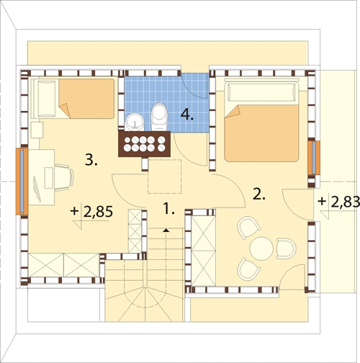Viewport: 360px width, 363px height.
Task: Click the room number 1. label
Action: (x=169, y=208)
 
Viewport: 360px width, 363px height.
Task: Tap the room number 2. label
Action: (x=259, y=194)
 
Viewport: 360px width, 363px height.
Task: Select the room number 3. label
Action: (x=91, y=160)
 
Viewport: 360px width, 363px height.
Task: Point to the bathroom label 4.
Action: (x=187, y=114)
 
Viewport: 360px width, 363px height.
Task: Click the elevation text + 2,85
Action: (x=91, y=212)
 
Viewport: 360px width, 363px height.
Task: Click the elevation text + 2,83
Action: (x=339, y=202)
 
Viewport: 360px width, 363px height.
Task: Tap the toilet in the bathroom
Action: (x=159, y=117)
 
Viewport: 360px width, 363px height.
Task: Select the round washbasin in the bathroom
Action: (x=135, y=122)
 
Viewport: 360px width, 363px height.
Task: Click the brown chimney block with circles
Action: (x=145, y=144)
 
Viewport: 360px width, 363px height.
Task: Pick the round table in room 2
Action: (x=261, y=248)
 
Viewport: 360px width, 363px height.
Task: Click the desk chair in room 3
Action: (x=64, y=178)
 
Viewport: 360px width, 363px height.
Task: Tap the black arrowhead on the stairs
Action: (x=166, y=230)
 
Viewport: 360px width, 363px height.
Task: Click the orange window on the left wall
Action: (x=22, y=181)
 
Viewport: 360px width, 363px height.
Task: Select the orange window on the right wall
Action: (x=314, y=158)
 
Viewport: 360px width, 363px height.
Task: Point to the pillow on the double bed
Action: (x=261, y=92)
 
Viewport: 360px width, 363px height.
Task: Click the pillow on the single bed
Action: (x=47, y=99)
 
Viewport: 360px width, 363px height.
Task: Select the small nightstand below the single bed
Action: (x=37, y=130)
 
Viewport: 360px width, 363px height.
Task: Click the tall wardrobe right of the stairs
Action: (x=204, y=251)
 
